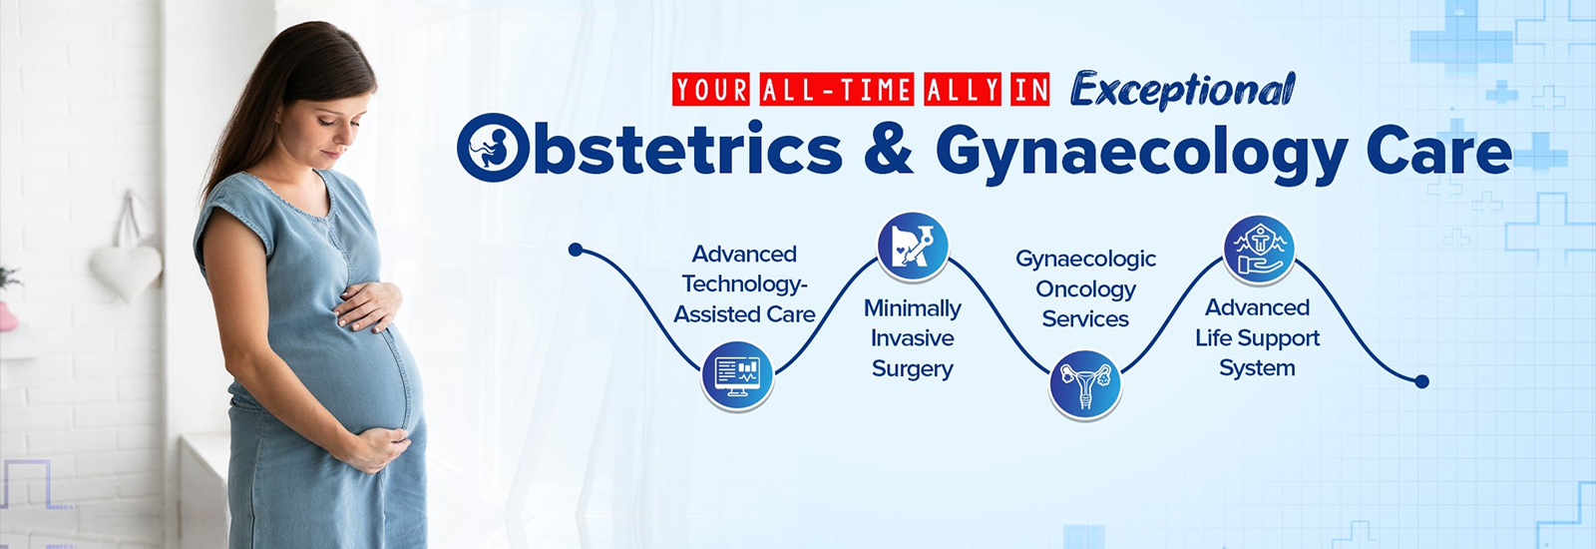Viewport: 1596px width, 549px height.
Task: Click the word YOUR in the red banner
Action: [710, 89]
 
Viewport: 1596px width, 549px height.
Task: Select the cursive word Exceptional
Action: [1183, 91]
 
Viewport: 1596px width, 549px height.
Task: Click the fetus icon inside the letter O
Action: [493, 148]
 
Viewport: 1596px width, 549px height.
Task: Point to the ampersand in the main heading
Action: [889, 150]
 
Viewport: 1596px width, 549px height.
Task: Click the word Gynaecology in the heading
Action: [1141, 154]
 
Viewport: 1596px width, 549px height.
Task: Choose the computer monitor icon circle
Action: [737, 376]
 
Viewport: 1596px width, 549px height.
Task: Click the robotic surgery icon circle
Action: [913, 247]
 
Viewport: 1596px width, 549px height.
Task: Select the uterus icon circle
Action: [1085, 385]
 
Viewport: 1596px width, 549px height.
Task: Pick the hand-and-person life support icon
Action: [1259, 251]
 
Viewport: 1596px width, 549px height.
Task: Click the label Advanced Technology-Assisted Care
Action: [744, 283]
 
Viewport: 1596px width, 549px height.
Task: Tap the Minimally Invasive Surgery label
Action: [913, 338]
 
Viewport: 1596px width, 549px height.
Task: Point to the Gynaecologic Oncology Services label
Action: [1085, 288]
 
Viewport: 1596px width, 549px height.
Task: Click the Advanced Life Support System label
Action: [1258, 337]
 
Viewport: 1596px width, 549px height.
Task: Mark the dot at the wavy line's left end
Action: [576, 250]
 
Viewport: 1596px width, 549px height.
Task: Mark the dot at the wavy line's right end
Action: [1421, 381]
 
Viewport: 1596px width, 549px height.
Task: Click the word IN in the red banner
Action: [1029, 89]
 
